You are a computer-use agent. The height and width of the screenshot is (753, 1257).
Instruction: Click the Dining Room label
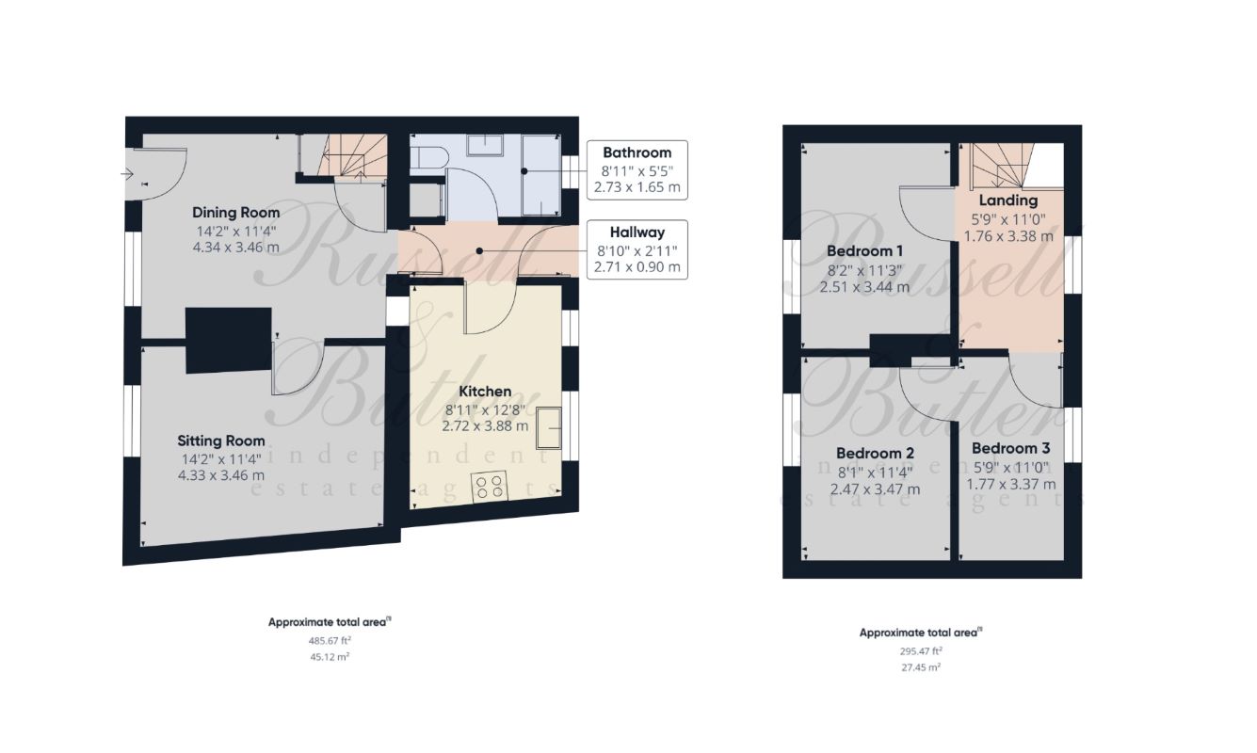click(x=235, y=213)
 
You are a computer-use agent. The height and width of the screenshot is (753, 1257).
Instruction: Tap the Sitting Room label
click(x=221, y=441)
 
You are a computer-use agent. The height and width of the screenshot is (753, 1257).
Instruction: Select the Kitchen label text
click(x=485, y=392)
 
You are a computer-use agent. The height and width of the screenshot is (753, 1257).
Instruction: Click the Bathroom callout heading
click(x=637, y=152)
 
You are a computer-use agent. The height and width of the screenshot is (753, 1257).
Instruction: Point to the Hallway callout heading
click(x=637, y=232)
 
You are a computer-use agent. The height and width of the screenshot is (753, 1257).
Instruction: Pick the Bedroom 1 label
click(x=864, y=250)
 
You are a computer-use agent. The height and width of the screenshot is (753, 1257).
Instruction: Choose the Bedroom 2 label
click(x=875, y=453)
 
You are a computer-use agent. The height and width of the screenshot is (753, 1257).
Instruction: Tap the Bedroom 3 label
click(x=1010, y=448)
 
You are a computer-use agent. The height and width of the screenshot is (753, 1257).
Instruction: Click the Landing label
click(x=1008, y=200)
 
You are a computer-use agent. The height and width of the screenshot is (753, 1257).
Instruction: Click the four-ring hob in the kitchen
click(x=490, y=487)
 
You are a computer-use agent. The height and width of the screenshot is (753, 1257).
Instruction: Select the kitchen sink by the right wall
click(x=549, y=428)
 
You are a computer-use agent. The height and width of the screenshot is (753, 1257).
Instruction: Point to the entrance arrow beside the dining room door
click(x=127, y=174)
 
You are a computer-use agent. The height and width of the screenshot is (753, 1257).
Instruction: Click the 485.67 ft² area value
click(x=330, y=640)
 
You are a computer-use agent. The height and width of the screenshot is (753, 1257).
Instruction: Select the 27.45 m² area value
click(x=921, y=667)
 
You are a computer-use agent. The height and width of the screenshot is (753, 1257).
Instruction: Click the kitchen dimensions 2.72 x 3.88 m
click(x=485, y=426)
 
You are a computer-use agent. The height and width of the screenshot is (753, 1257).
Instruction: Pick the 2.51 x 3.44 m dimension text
click(x=864, y=287)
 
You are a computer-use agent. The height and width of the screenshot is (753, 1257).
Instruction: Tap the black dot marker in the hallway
click(x=479, y=251)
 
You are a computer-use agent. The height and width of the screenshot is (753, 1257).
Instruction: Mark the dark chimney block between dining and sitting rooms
click(x=229, y=340)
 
